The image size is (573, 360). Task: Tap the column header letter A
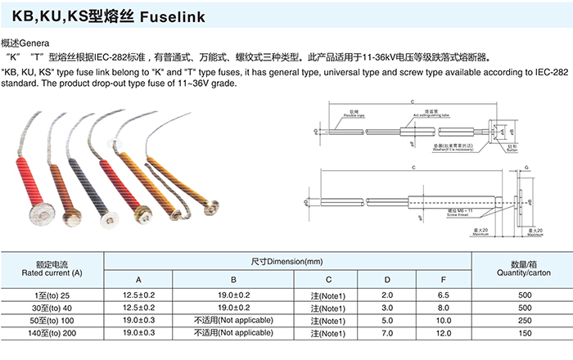coord(138,281)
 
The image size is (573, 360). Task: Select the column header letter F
coord(443,281)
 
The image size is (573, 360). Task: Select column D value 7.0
coord(387,333)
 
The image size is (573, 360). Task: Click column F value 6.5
coord(443,295)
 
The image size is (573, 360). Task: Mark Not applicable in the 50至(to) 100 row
coord(232,321)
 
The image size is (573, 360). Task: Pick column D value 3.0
coord(387,308)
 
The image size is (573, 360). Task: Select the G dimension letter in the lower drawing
coord(525,166)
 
